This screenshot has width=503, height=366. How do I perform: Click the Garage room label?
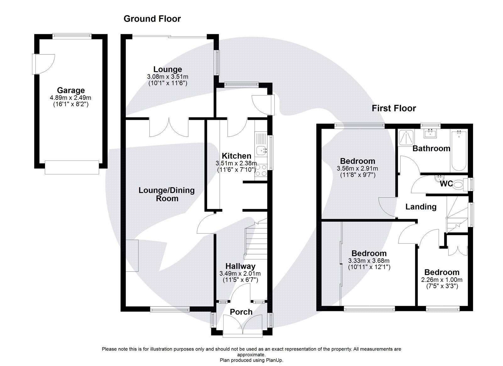click(71, 90)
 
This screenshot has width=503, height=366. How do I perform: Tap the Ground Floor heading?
click(152, 19)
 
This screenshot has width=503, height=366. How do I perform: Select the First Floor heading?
click(394, 109)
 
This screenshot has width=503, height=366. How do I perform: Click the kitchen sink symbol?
click(261, 151)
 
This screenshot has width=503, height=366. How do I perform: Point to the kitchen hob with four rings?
click(261, 172)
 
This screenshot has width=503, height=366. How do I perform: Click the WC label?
click(446, 183)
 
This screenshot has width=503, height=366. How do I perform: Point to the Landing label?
click(421, 207)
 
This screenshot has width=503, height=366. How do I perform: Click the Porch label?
click(241, 312)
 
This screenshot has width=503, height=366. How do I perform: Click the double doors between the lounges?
click(169, 127)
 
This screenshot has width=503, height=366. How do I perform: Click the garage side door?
click(44, 64)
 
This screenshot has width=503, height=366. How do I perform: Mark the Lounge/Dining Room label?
click(167, 194)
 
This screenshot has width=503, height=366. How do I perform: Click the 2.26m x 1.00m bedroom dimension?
click(441, 280)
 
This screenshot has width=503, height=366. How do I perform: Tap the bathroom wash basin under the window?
click(430, 133)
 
